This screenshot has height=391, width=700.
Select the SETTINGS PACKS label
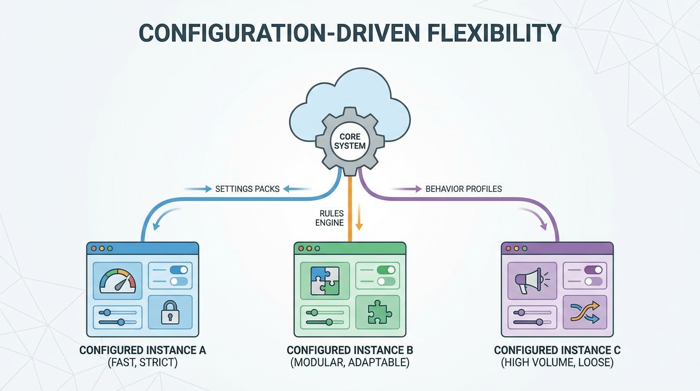click(x=247, y=189)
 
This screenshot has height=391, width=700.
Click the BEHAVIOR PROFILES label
click(x=463, y=189)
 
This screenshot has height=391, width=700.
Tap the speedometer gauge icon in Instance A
click(x=118, y=279)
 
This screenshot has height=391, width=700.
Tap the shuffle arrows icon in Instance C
click(x=585, y=312)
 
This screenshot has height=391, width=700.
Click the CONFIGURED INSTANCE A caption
click(x=142, y=350)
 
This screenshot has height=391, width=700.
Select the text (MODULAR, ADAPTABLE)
click(x=349, y=363)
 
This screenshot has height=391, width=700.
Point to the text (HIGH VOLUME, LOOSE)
click(x=557, y=363)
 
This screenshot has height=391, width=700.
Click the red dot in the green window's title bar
click(x=301, y=248)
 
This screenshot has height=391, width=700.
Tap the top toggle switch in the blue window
click(x=179, y=270)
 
